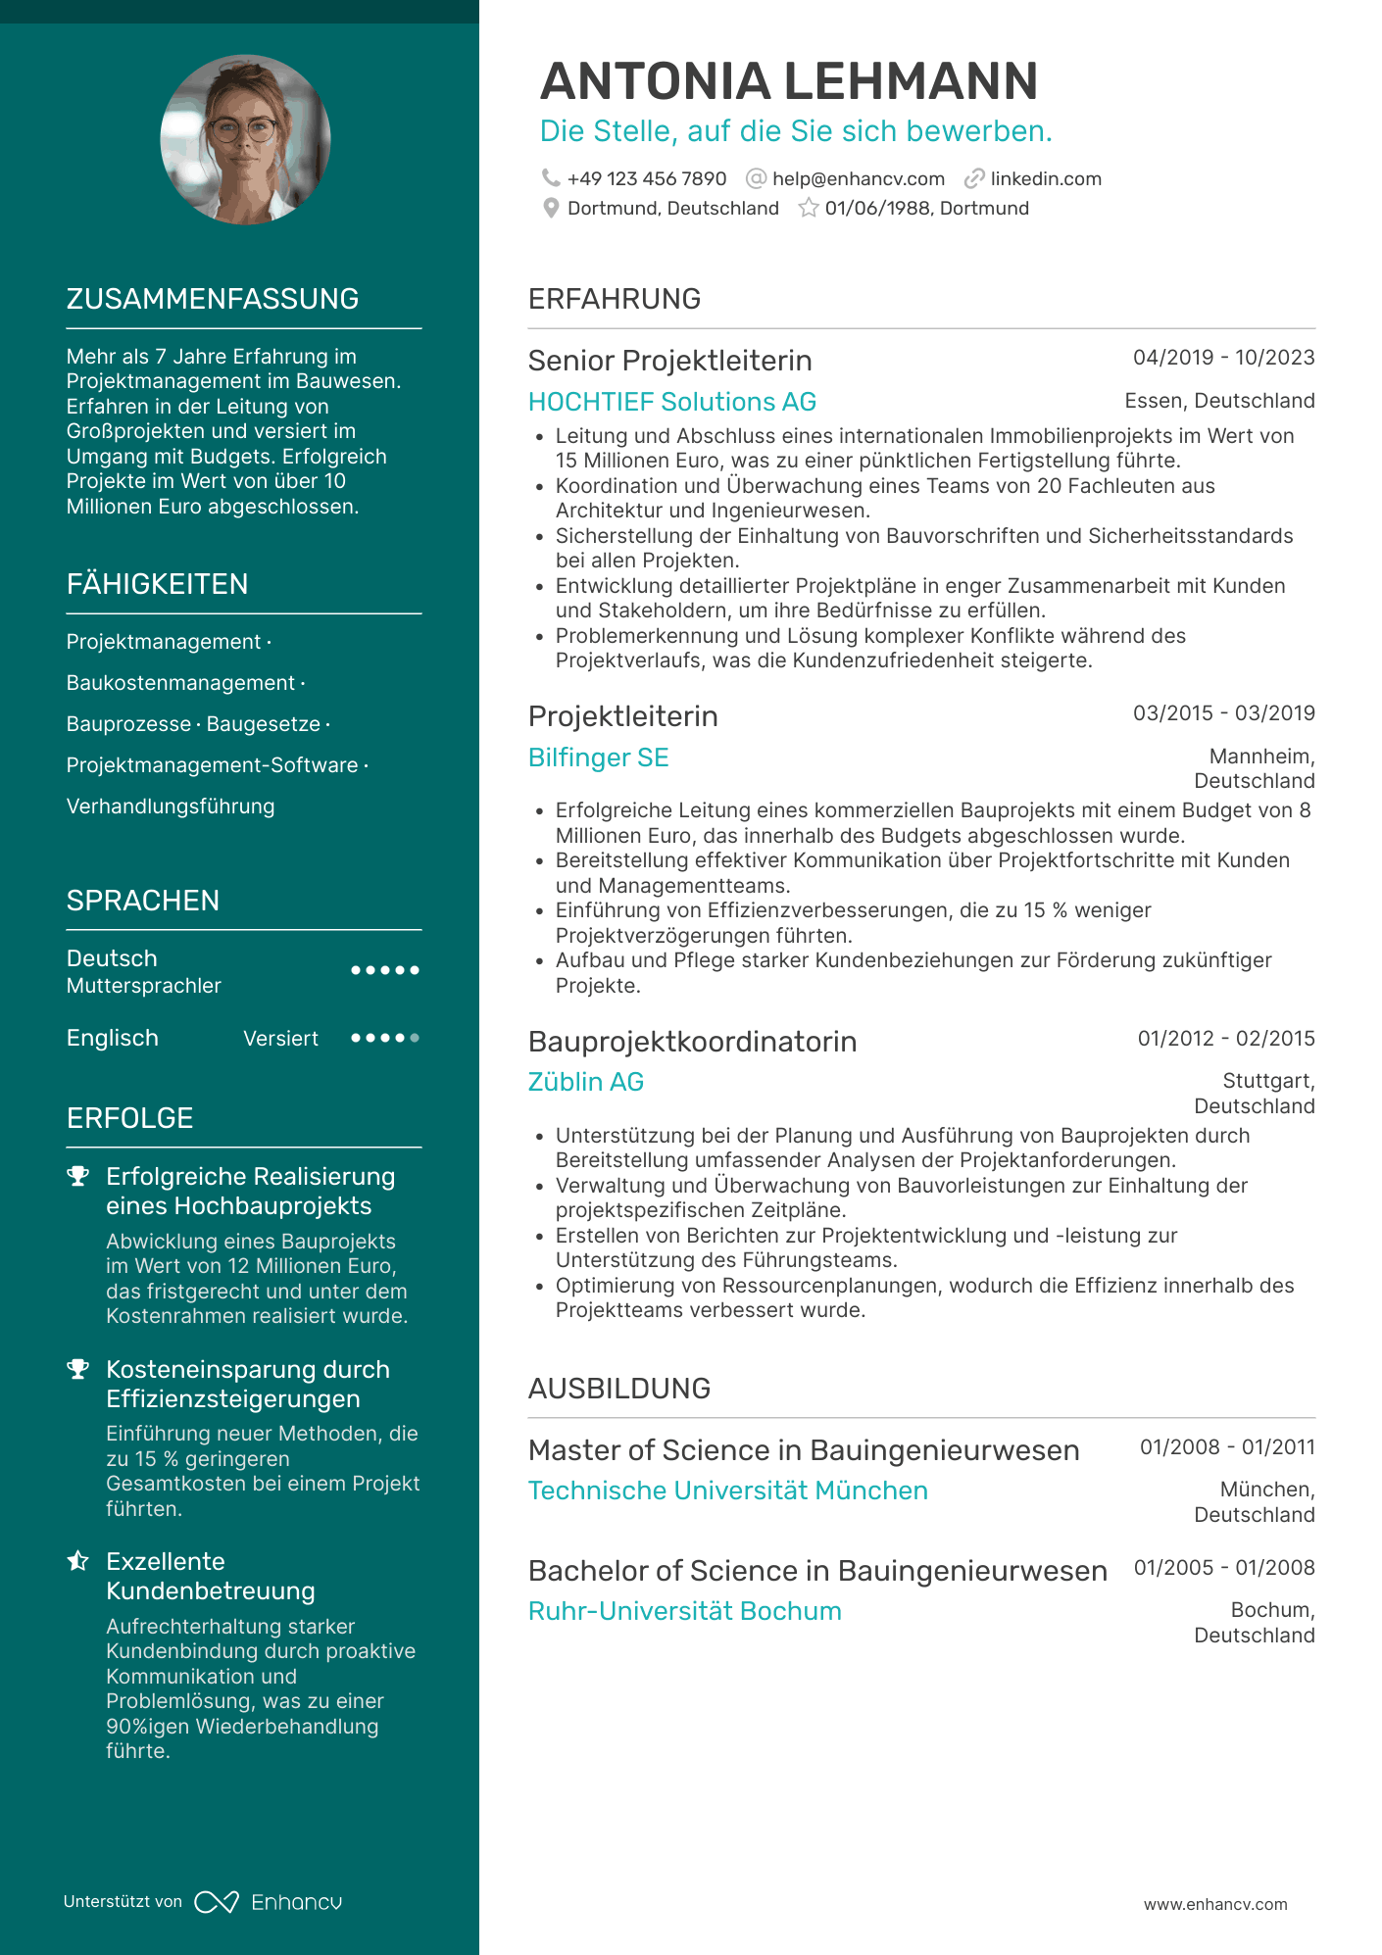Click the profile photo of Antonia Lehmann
click(x=245, y=139)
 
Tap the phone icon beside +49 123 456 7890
click(x=551, y=178)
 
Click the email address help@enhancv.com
click(x=858, y=179)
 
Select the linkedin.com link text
click(x=1045, y=179)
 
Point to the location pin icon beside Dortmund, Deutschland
click(x=551, y=209)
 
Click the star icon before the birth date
click(x=809, y=209)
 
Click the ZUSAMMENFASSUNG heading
click(x=213, y=299)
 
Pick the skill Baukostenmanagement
click(x=180, y=683)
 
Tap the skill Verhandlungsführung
click(x=171, y=806)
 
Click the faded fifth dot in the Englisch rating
click(x=415, y=1038)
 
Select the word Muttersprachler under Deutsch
click(x=144, y=986)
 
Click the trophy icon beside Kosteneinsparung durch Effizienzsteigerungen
click(x=78, y=1370)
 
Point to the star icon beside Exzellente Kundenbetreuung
click(x=78, y=1561)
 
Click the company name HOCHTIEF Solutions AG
click(x=671, y=402)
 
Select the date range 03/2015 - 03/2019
click(x=1223, y=713)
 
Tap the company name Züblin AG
click(x=585, y=1082)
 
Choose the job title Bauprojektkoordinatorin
click(x=692, y=1042)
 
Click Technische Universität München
click(x=727, y=1491)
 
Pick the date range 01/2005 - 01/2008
click(x=1224, y=1568)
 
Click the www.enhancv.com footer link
click(x=1214, y=1904)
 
